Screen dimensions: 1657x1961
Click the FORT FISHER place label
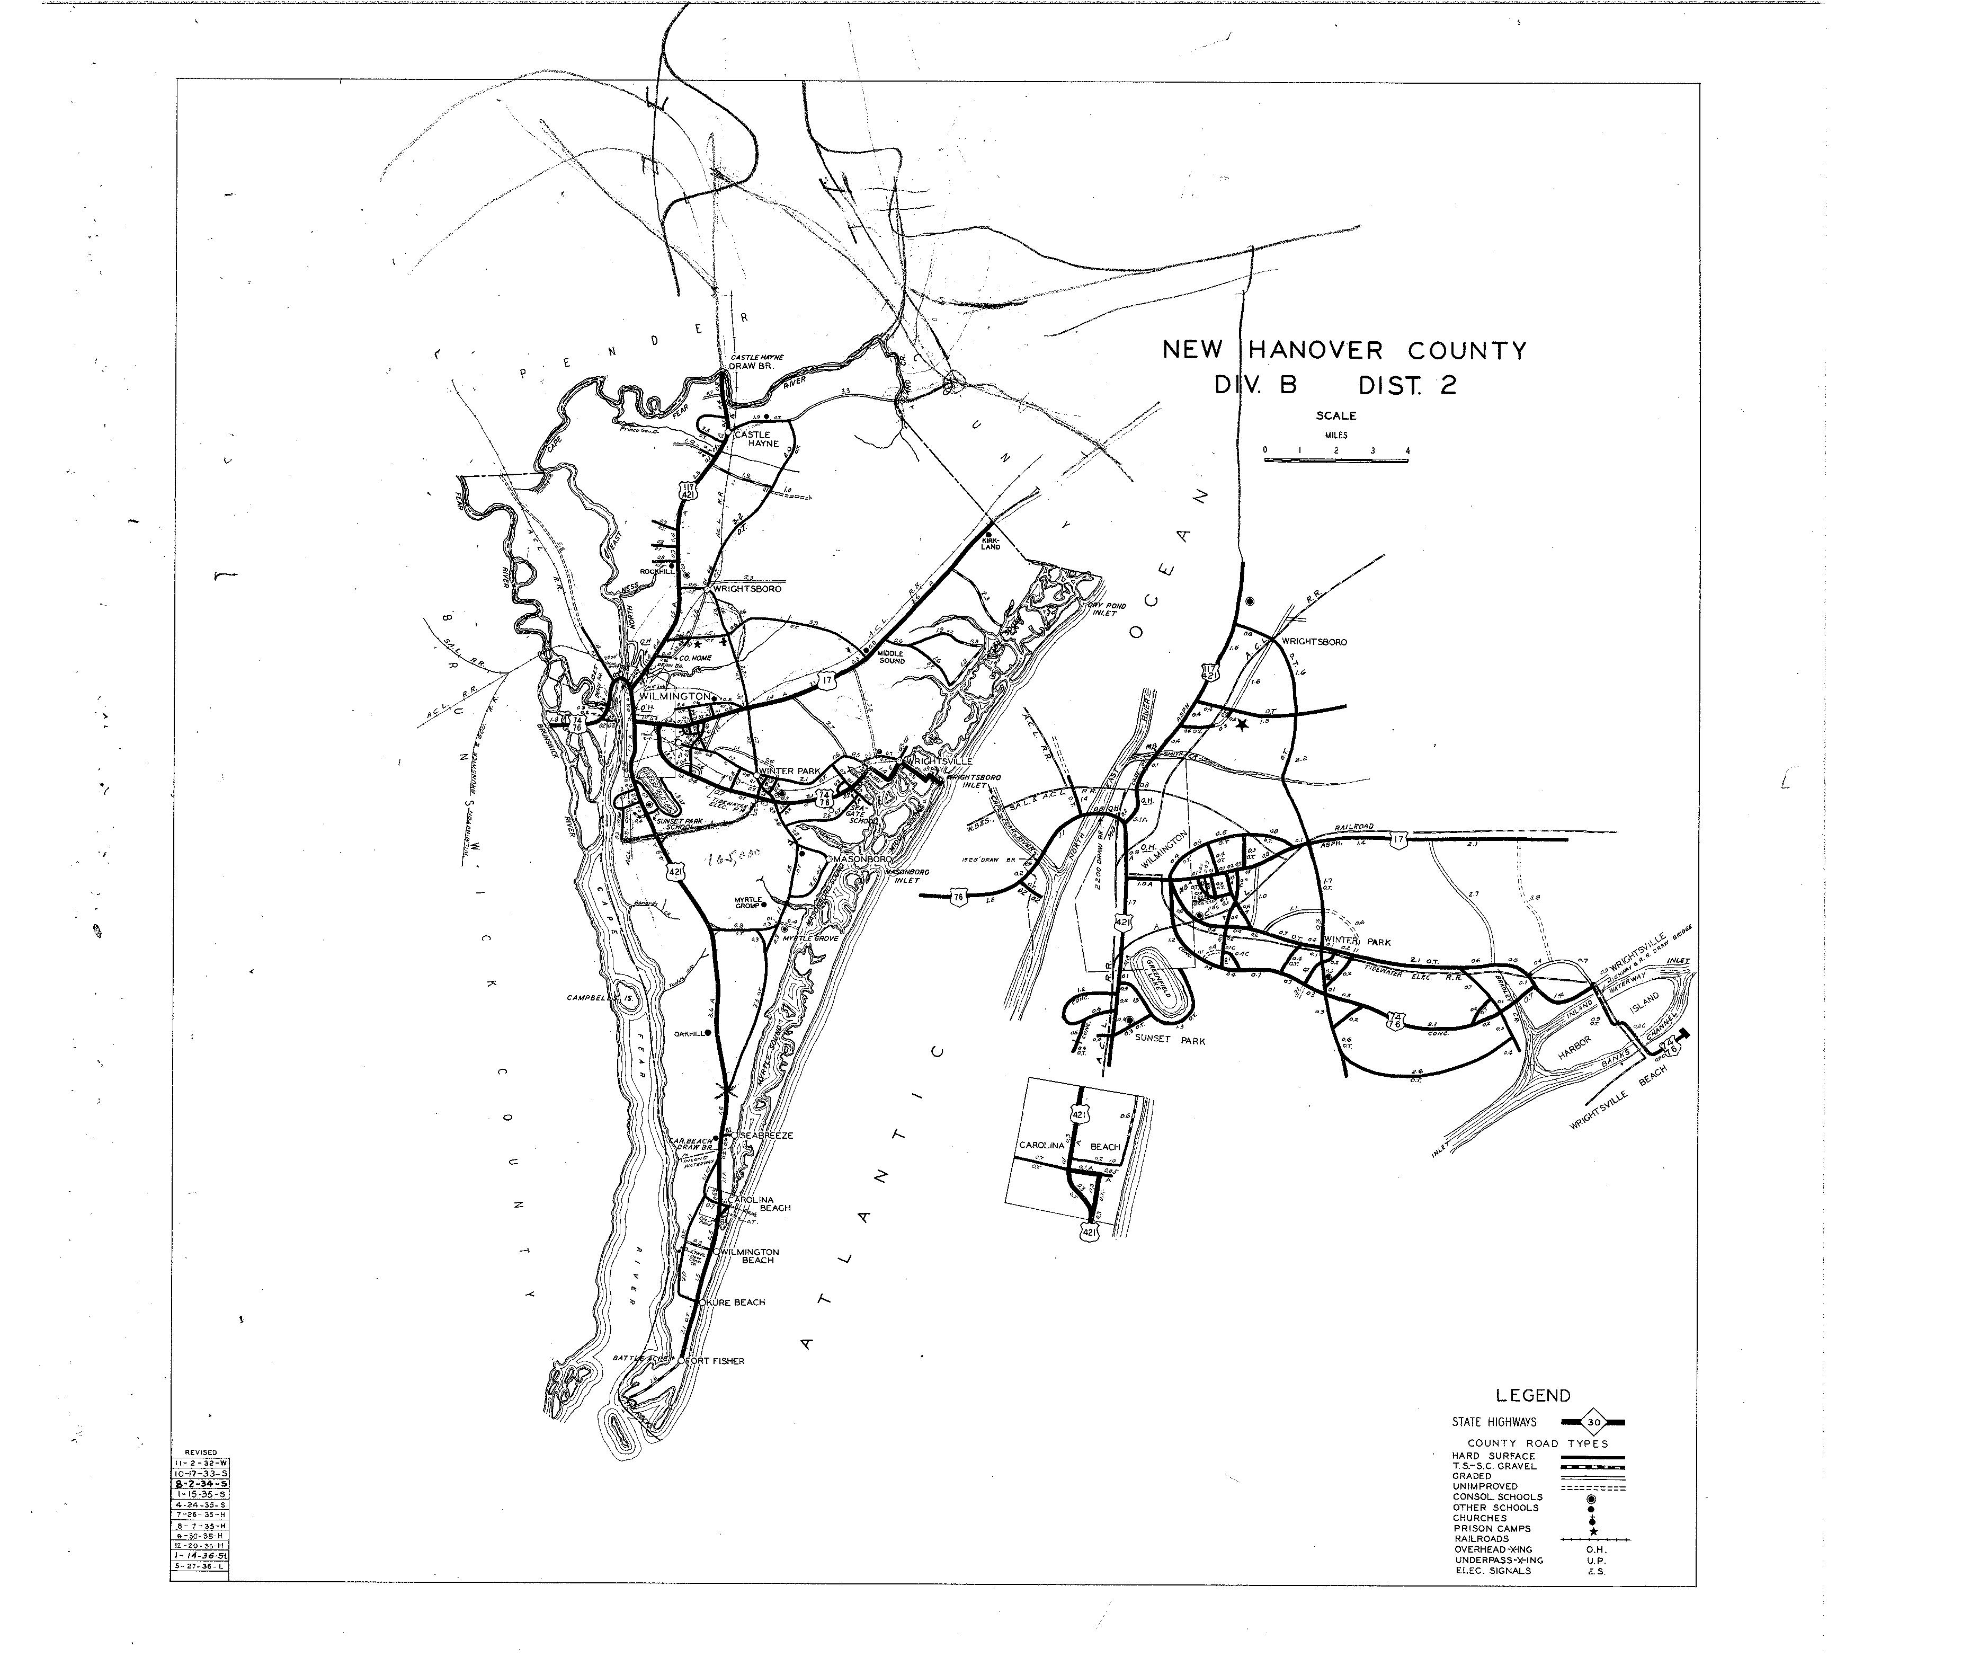pos(716,1360)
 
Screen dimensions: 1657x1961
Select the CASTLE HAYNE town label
pos(756,439)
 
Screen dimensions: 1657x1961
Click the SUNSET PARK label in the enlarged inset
pos(1169,1040)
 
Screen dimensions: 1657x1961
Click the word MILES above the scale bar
pos(1335,435)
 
